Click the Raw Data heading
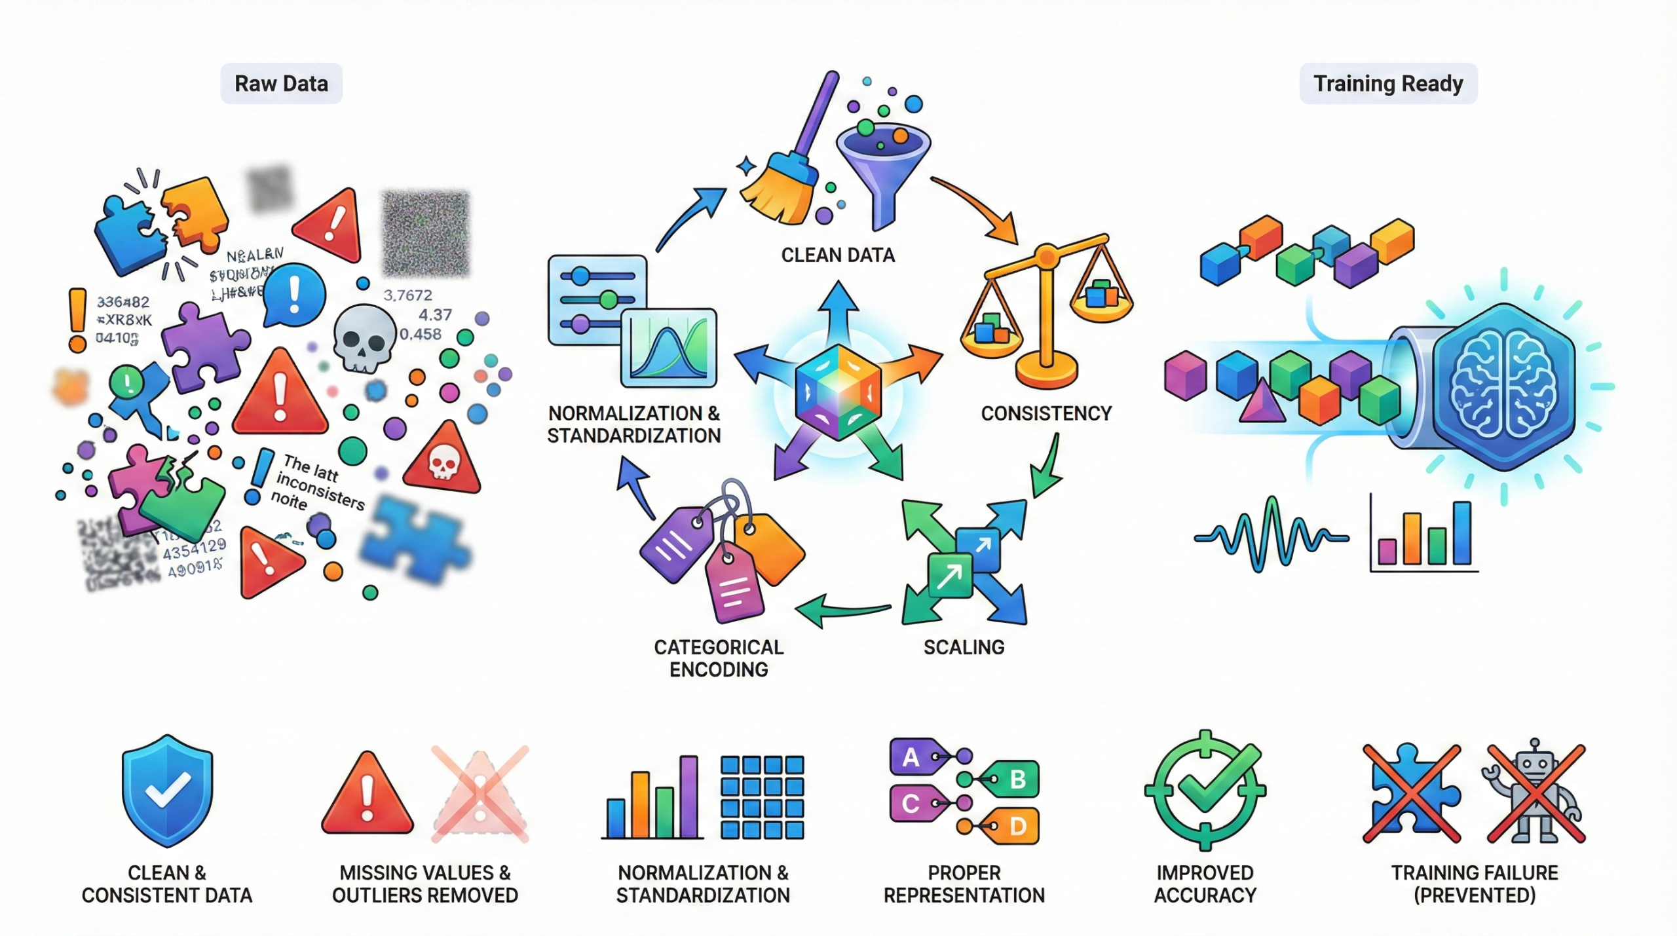(x=281, y=84)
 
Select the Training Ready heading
(x=1388, y=84)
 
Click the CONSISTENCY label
(x=1046, y=413)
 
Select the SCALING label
(x=964, y=647)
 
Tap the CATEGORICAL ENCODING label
(x=719, y=658)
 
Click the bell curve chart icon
(x=668, y=348)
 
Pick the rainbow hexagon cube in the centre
(x=838, y=391)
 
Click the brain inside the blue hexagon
(x=1503, y=387)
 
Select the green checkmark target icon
(x=1205, y=791)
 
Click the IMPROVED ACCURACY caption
(x=1205, y=884)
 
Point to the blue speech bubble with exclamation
(x=294, y=294)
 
